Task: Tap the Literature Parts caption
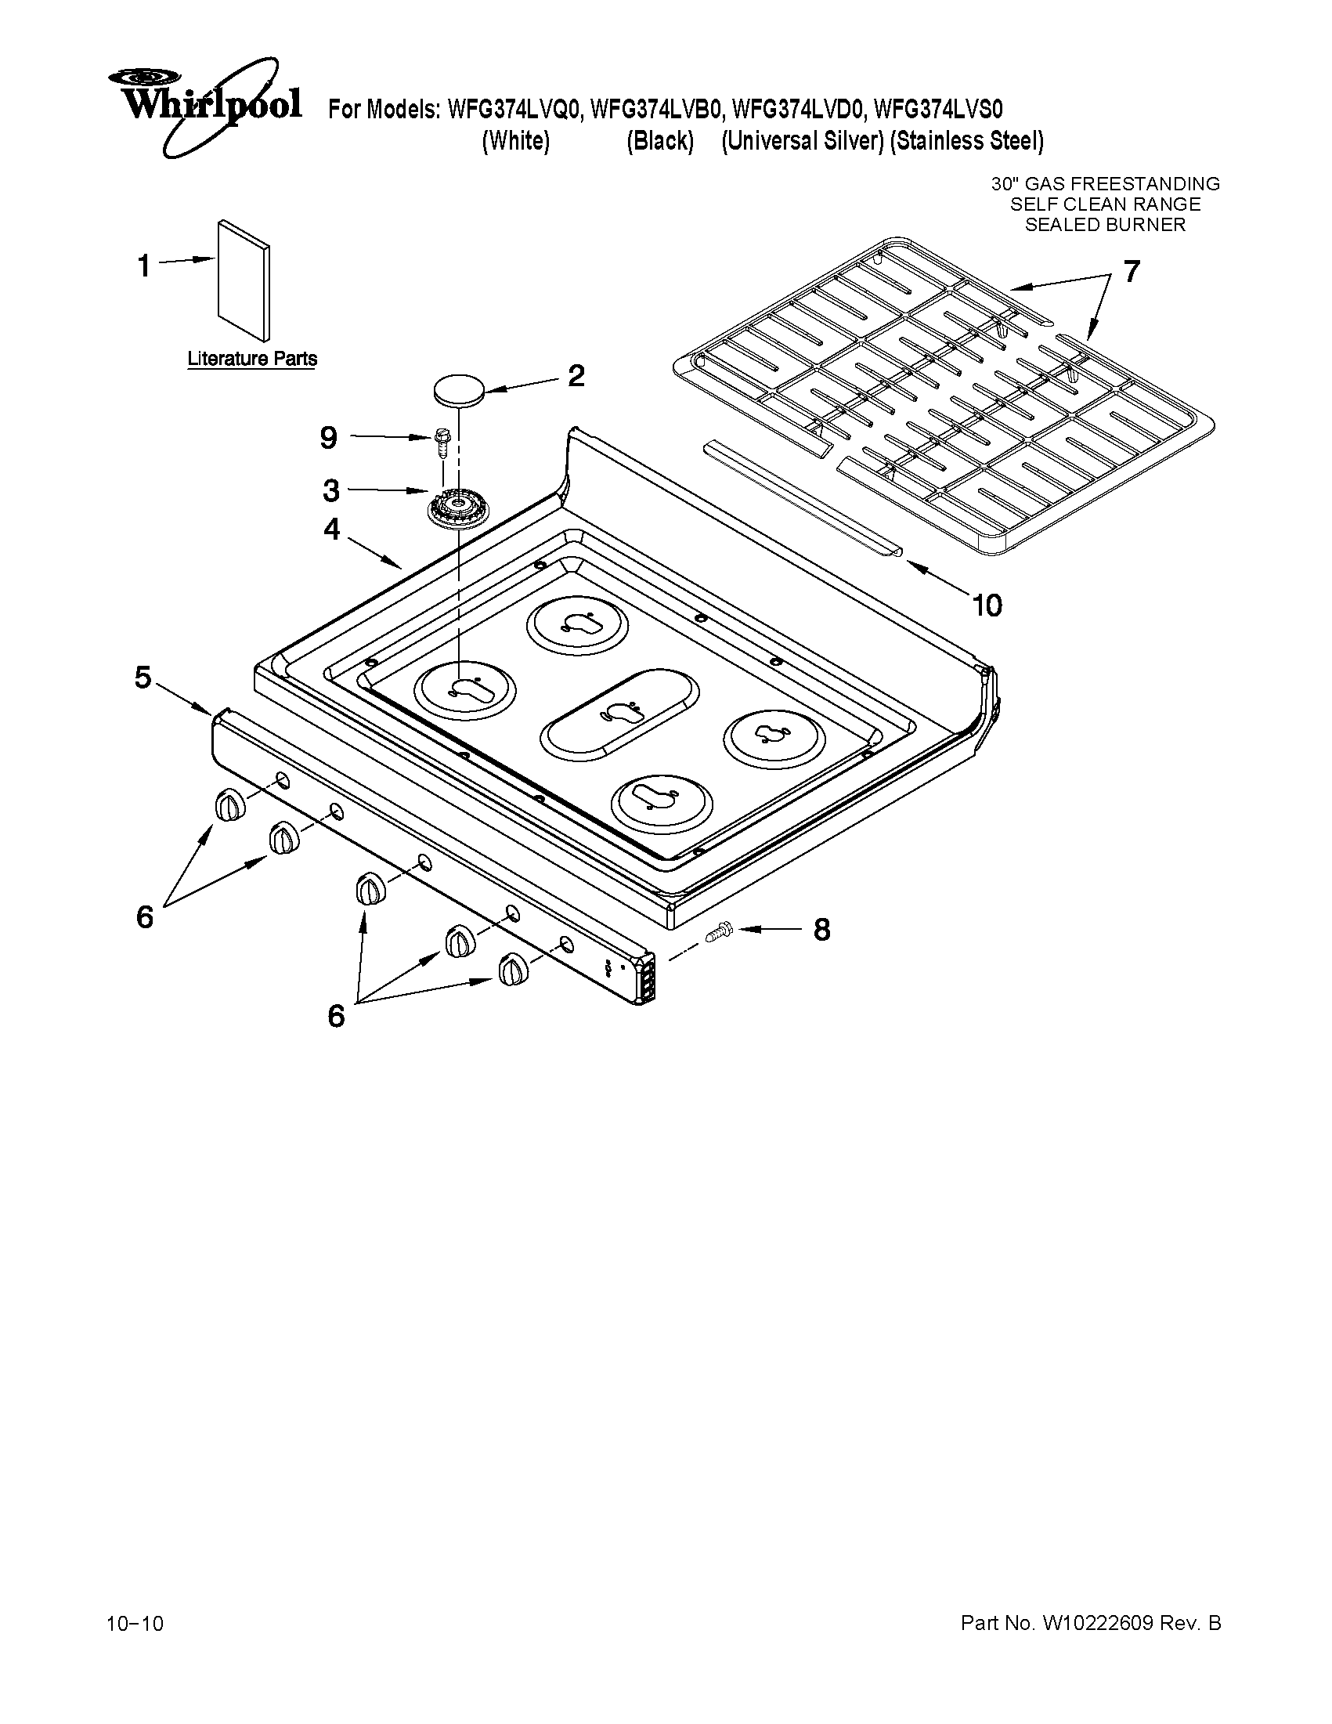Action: click(251, 359)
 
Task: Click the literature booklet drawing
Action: click(244, 280)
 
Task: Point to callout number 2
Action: click(576, 376)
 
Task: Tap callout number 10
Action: click(987, 605)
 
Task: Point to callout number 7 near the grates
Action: click(1131, 272)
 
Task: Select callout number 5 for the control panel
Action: click(143, 677)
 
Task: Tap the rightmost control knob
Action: click(514, 969)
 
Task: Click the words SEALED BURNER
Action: click(1105, 225)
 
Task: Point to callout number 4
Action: click(331, 529)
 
